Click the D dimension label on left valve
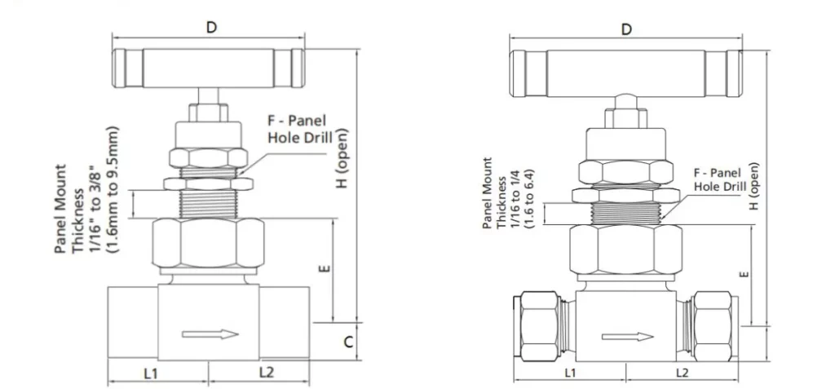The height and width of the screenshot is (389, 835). point(211,27)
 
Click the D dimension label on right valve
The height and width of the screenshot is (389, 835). point(626,29)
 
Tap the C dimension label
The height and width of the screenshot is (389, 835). point(347,343)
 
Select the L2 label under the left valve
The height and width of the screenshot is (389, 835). point(266,373)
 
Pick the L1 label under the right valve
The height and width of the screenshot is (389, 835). point(570,373)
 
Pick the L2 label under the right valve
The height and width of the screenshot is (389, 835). point(683,373)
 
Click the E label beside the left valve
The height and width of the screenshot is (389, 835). point(325,266)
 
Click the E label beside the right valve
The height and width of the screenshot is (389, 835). point(743,274)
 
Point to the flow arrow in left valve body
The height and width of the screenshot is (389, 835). point(210,334)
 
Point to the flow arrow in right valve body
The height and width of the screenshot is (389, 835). point(627,337)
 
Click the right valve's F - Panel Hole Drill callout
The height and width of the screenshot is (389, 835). point(717,179)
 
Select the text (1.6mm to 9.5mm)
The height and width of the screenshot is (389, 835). point(113,190)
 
